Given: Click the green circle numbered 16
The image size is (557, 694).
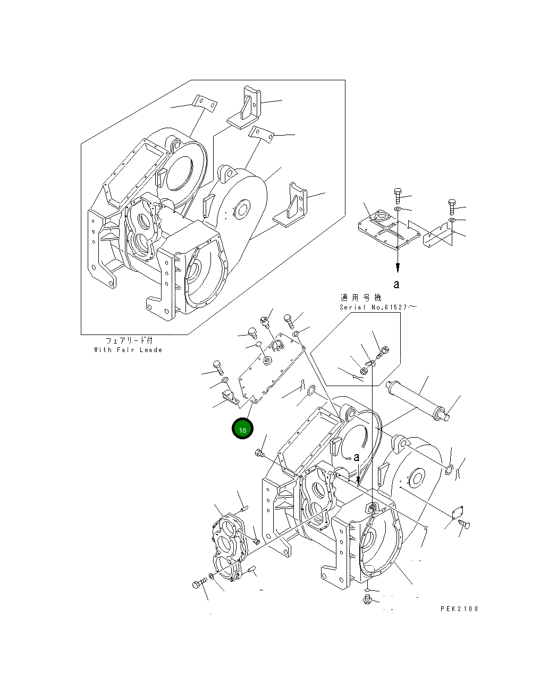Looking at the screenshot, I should point(242,429).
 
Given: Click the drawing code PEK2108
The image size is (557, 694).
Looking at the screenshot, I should point(459,608).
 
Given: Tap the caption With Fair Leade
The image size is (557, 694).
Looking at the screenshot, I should point(128,350).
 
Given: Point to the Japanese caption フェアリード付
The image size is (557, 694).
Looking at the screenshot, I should point(128,341).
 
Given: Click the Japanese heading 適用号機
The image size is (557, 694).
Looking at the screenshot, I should point(361,298).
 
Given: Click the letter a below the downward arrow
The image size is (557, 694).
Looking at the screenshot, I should point(396,285).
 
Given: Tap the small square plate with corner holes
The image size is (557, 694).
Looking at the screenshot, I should point(455,512).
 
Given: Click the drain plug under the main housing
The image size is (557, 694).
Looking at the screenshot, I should point(367,600).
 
